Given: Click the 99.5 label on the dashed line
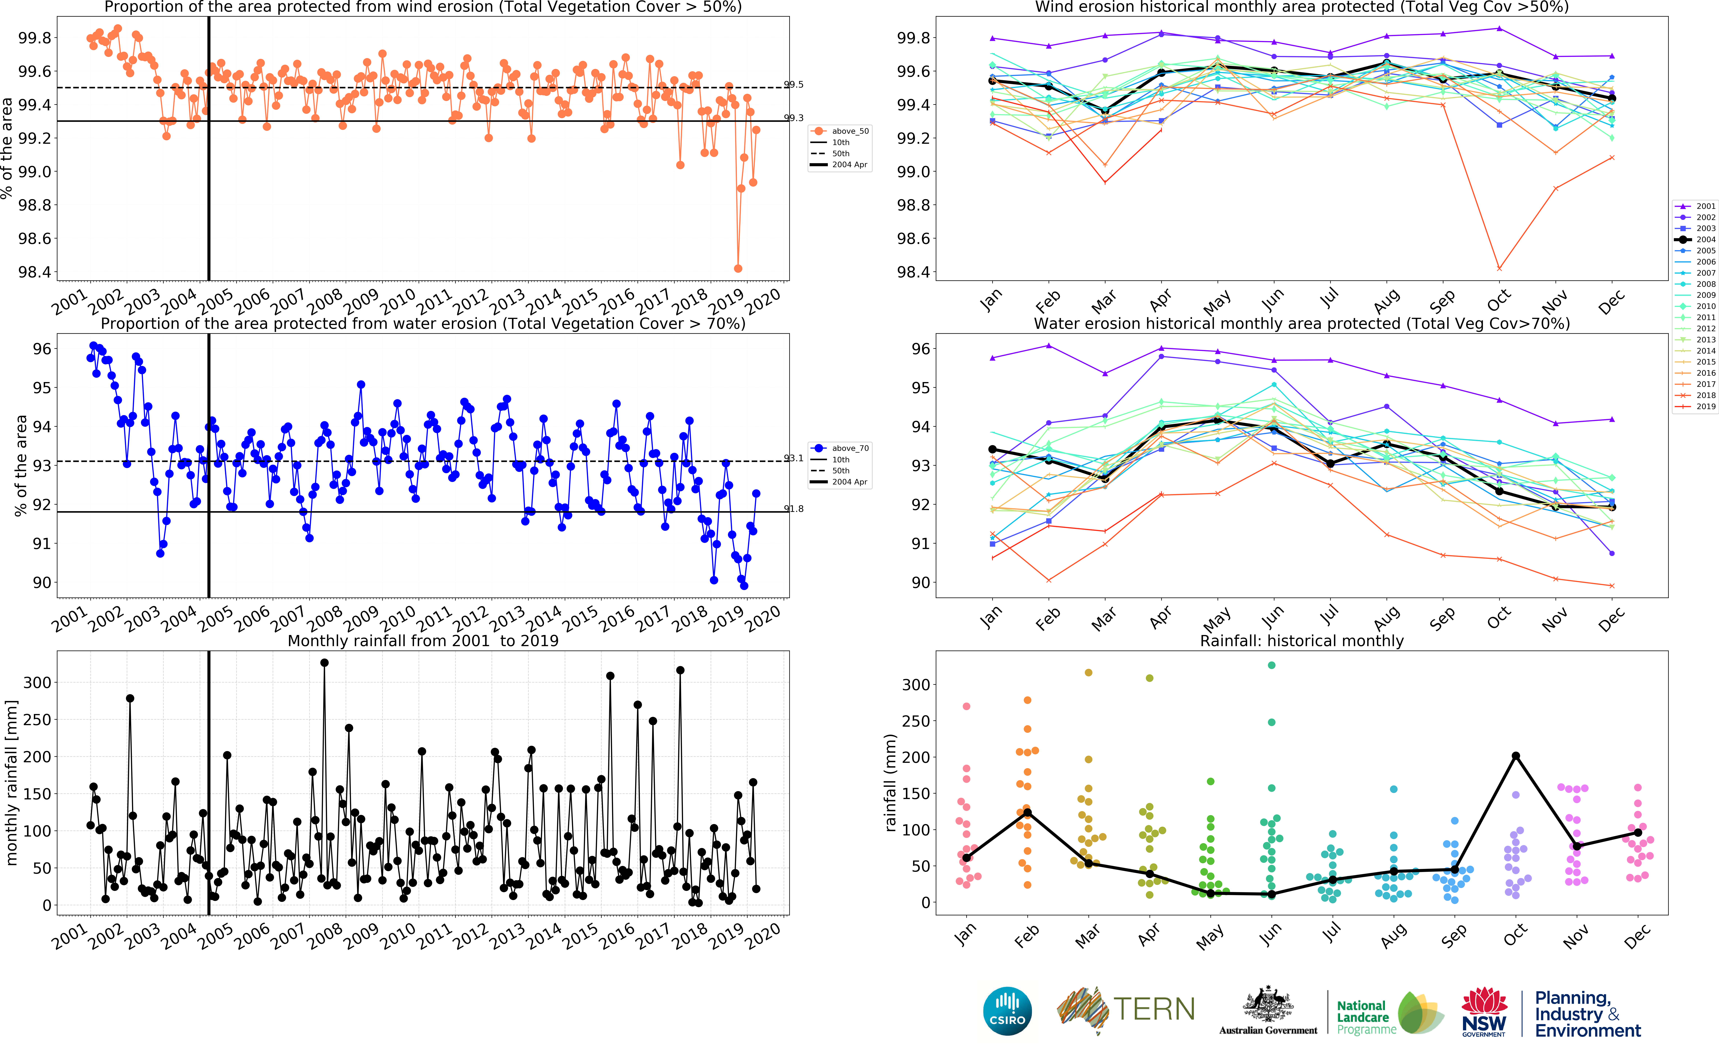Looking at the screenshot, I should click(x=794, y=84).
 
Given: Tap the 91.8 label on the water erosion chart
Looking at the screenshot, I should click(x=794, y=509).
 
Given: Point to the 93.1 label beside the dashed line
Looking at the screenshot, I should click(x=794, y=458).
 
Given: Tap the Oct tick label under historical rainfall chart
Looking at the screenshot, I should click(x=1515, y=936).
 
